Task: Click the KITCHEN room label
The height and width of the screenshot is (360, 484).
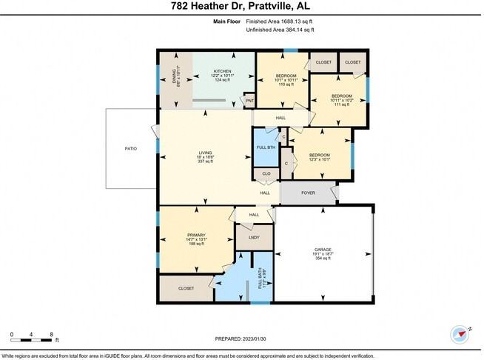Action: point(223,71)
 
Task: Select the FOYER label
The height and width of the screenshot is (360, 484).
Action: point(308,193)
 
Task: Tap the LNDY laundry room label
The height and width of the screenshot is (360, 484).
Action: point(254,238)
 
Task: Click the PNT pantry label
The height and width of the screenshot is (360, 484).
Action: point(249,100)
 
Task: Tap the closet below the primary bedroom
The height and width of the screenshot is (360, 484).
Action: point(185,288)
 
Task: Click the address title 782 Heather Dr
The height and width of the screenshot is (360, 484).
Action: point(242,7)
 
